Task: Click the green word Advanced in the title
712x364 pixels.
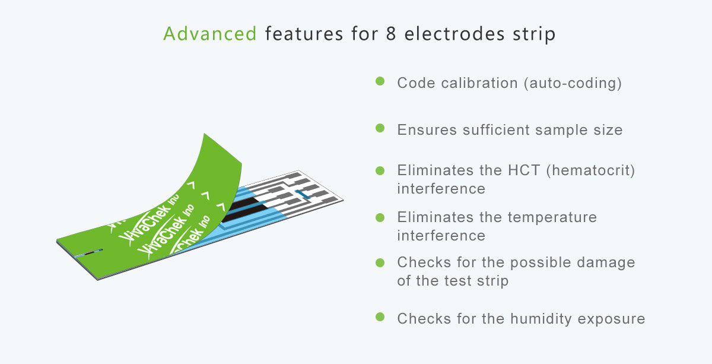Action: [210, 33]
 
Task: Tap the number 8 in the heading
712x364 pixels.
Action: [391, 33]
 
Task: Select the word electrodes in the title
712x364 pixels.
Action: [454, 33]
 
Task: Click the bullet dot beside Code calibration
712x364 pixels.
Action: [380, 81]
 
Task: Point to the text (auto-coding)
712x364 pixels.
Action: [573, 83]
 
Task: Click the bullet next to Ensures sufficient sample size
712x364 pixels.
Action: [380, 128]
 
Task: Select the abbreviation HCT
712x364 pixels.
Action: [524, 170]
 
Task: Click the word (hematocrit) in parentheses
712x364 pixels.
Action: [590, 171]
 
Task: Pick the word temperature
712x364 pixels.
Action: [552, 218]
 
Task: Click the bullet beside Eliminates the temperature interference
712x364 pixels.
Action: [380, 218]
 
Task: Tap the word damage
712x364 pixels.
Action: [606, 263]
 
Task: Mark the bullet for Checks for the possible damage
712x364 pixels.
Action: [380, 263]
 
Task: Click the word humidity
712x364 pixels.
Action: [541, 319]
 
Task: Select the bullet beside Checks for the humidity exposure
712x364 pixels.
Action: [380, 317]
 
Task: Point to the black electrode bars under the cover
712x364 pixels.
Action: [244, 209]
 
